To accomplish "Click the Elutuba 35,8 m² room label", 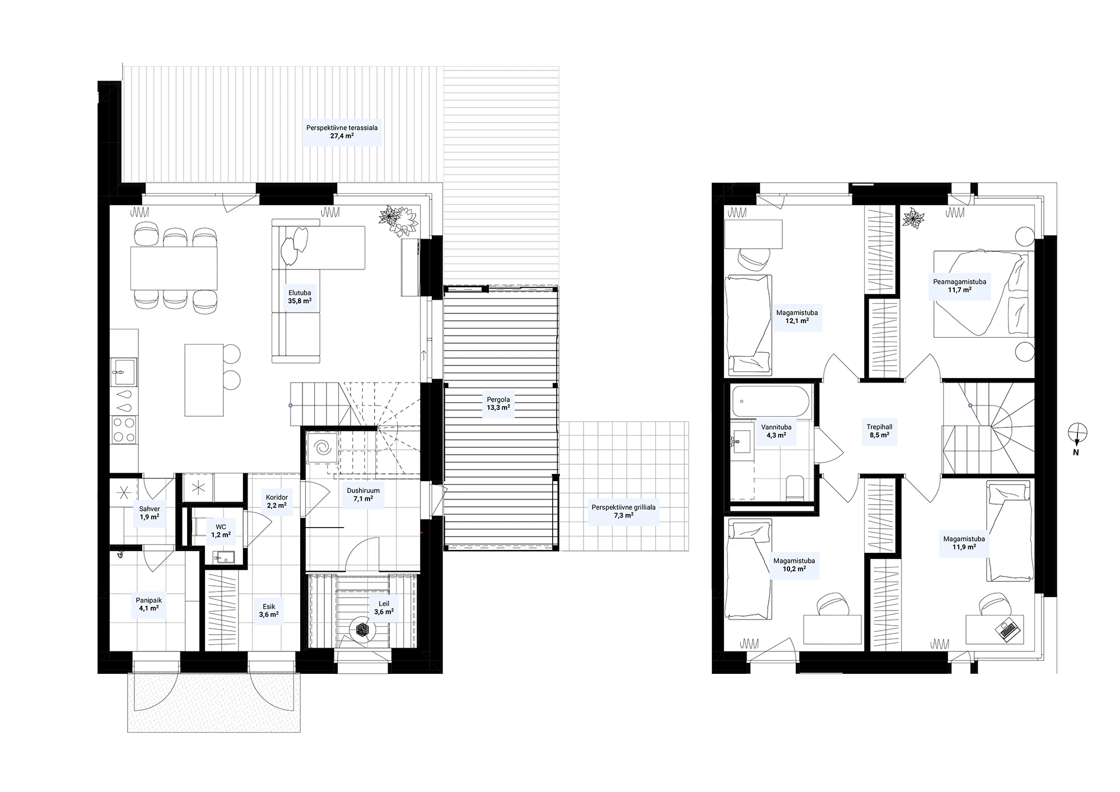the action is click(300, 296).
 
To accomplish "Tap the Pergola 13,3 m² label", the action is click(498, 404).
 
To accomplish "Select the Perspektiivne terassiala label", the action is click(342, 128).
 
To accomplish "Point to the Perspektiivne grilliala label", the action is click(623, 507).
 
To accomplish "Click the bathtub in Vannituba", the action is click(770, 402).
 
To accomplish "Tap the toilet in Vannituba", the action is click(795, 487).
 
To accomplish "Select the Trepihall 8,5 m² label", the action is click(879, 431).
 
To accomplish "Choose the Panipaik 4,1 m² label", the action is click(148, 604).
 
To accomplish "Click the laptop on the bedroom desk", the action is click(1007, 629).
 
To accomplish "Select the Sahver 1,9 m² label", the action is click(150, 513).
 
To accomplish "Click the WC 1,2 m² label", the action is click(221, 531).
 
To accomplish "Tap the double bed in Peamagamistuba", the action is click(983, 293).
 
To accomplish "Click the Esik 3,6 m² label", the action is click(269, 611).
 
